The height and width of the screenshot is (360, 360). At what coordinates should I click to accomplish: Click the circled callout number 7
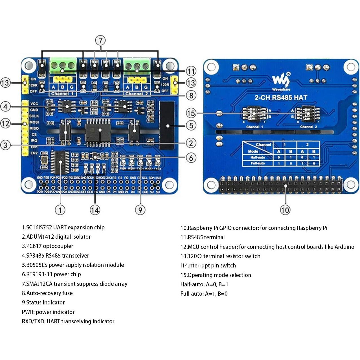[100, 40]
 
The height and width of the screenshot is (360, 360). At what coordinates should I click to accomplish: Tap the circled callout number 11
[191, 71]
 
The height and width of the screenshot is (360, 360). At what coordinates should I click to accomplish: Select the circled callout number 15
[191, 113]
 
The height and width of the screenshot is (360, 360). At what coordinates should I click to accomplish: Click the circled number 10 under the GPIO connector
[285, 210]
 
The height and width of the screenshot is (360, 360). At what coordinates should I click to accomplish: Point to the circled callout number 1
[60, 210]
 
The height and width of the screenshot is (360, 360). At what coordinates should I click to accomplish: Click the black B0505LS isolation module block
[167, 126]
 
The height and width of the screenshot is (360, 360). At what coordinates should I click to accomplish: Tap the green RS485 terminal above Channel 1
[63, 66]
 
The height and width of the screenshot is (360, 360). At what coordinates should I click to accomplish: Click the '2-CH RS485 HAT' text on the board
[281, 98]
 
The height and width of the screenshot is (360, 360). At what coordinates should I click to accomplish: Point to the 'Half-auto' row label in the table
[257, 157]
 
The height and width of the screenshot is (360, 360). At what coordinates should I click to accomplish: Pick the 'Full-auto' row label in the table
[257, 163]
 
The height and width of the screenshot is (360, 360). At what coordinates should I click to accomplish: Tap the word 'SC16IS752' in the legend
[38, 227]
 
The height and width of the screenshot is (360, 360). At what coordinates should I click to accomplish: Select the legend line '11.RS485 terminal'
[203, 237]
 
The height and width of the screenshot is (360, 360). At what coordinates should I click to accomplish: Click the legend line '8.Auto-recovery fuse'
[47, 293]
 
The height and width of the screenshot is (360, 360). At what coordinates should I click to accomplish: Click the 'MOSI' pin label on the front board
[34, 122]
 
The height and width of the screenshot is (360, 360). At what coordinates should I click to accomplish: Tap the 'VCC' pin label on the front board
[34, 104]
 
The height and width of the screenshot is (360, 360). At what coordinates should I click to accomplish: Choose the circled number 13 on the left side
[5, 83]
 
